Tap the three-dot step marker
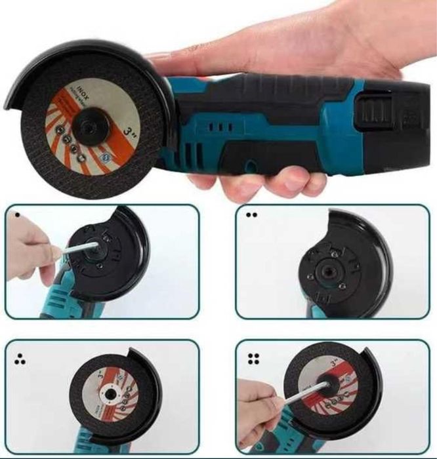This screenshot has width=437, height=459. point(19,358)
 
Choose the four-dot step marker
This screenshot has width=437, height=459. point(251,358)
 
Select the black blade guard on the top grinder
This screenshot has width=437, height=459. point(39,66)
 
